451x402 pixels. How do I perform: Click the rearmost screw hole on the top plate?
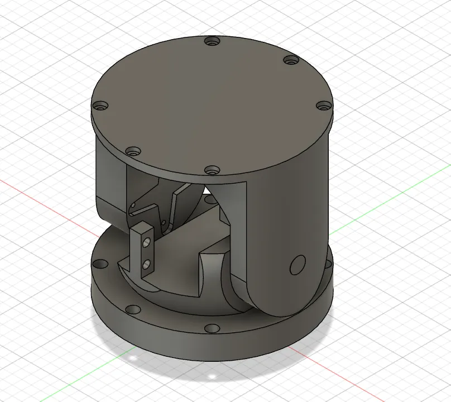[x=211, y=41]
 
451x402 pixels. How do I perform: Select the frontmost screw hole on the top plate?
[x=210, y=169]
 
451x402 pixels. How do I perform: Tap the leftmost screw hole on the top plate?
[x=100, y=105]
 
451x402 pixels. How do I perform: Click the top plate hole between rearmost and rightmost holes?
[x=291, y=60]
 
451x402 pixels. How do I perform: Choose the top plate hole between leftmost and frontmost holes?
[x=133, y=151]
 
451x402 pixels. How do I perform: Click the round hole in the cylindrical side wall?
[x=297, y=265]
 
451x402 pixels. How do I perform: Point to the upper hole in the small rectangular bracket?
[x=146, y=243]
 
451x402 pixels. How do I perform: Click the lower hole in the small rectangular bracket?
[x=147, y=263]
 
